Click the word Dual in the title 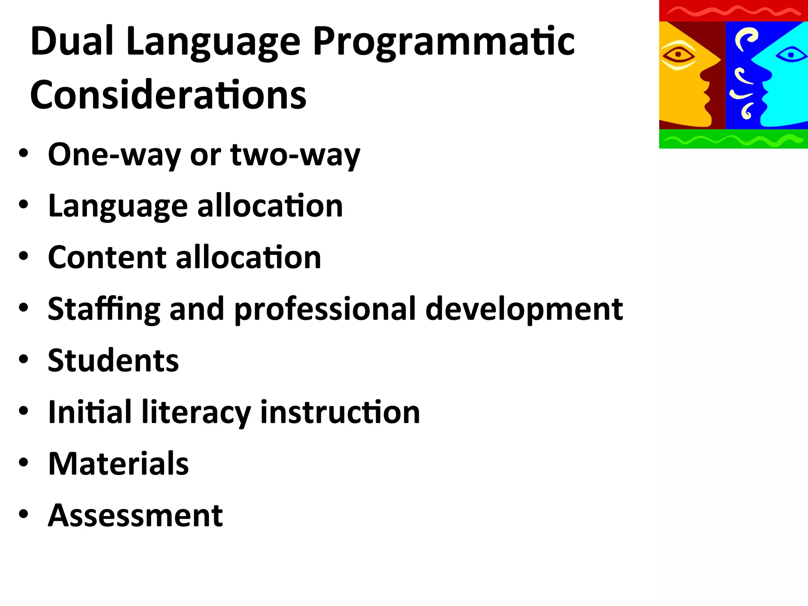point(72,41)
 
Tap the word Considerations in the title point(168,95)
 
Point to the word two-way point(295,155)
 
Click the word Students point(113,361)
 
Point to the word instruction point(340,412)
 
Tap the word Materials point(118,464)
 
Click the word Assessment point(135,515)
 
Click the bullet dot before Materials point(24,462)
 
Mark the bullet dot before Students point(24,359)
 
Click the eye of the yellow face point(678,54)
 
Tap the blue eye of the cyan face point(791,54)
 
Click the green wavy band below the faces point(733,139)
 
